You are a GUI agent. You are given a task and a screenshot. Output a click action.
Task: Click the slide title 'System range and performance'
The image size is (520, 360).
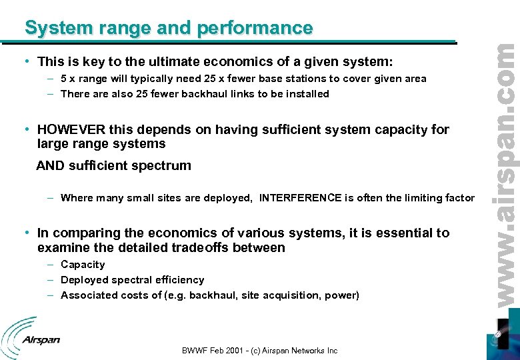pyautogui.click(x=169, y=28)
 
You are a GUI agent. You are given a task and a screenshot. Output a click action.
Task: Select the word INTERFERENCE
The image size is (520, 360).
pyautogui.click(x=305, y=198)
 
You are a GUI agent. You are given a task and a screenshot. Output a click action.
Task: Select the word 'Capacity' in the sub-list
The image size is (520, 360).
pyautogui.click(x=83, y=265)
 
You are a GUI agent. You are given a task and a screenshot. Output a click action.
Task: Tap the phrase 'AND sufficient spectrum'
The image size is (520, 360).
pyautogui.click(x=113, y=165)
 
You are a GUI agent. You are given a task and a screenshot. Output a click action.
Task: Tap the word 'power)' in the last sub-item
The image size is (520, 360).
pyautogui.click(x=342, y=295)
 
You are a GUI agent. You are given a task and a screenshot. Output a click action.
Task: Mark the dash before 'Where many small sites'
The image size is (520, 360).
pyautogui.click(x=51, y=198)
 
